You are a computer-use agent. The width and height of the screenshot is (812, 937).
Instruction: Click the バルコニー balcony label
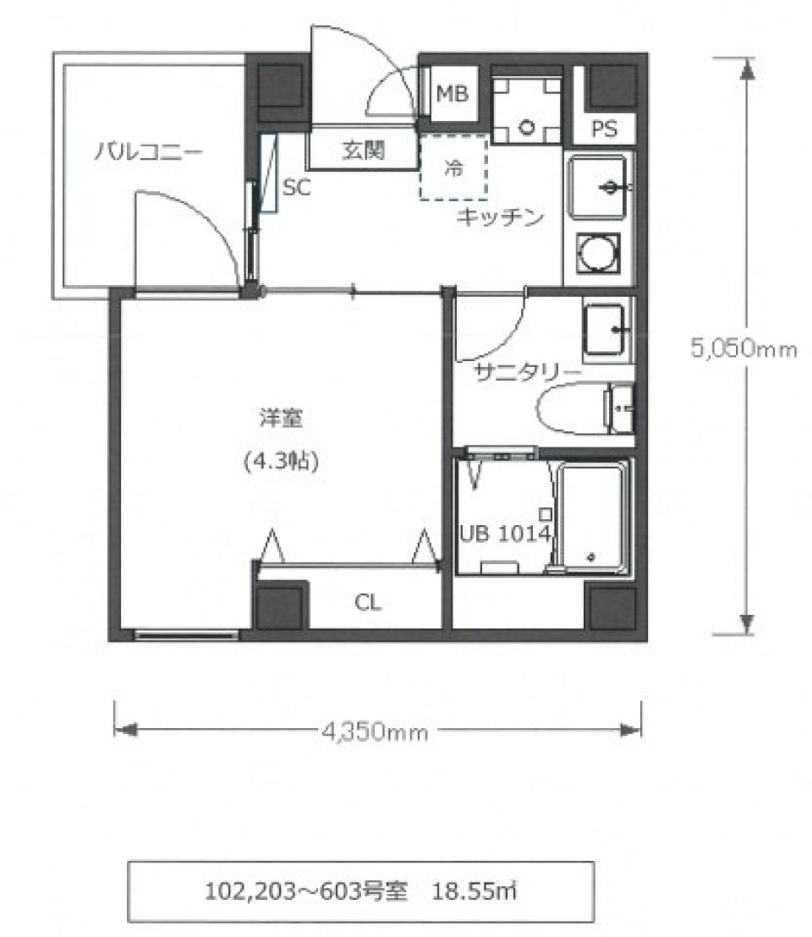(x=147, y=153)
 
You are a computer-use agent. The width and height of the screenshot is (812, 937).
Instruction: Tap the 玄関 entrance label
(x=364, y=151)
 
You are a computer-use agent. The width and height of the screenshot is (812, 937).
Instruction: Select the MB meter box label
(x=452, y=94)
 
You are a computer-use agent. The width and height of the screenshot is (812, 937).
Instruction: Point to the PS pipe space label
(x=604, y=129)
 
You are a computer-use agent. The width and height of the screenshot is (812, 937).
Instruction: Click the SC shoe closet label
(x=296, y=188)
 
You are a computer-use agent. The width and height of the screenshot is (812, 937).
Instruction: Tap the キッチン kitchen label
(x=498, y=217)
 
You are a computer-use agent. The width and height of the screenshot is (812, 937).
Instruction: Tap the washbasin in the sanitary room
(x=606, y=329)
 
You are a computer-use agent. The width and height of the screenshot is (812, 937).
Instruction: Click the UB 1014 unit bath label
(x=506, y=534)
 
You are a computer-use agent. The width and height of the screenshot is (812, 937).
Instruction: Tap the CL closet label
(x=368, y=603)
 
